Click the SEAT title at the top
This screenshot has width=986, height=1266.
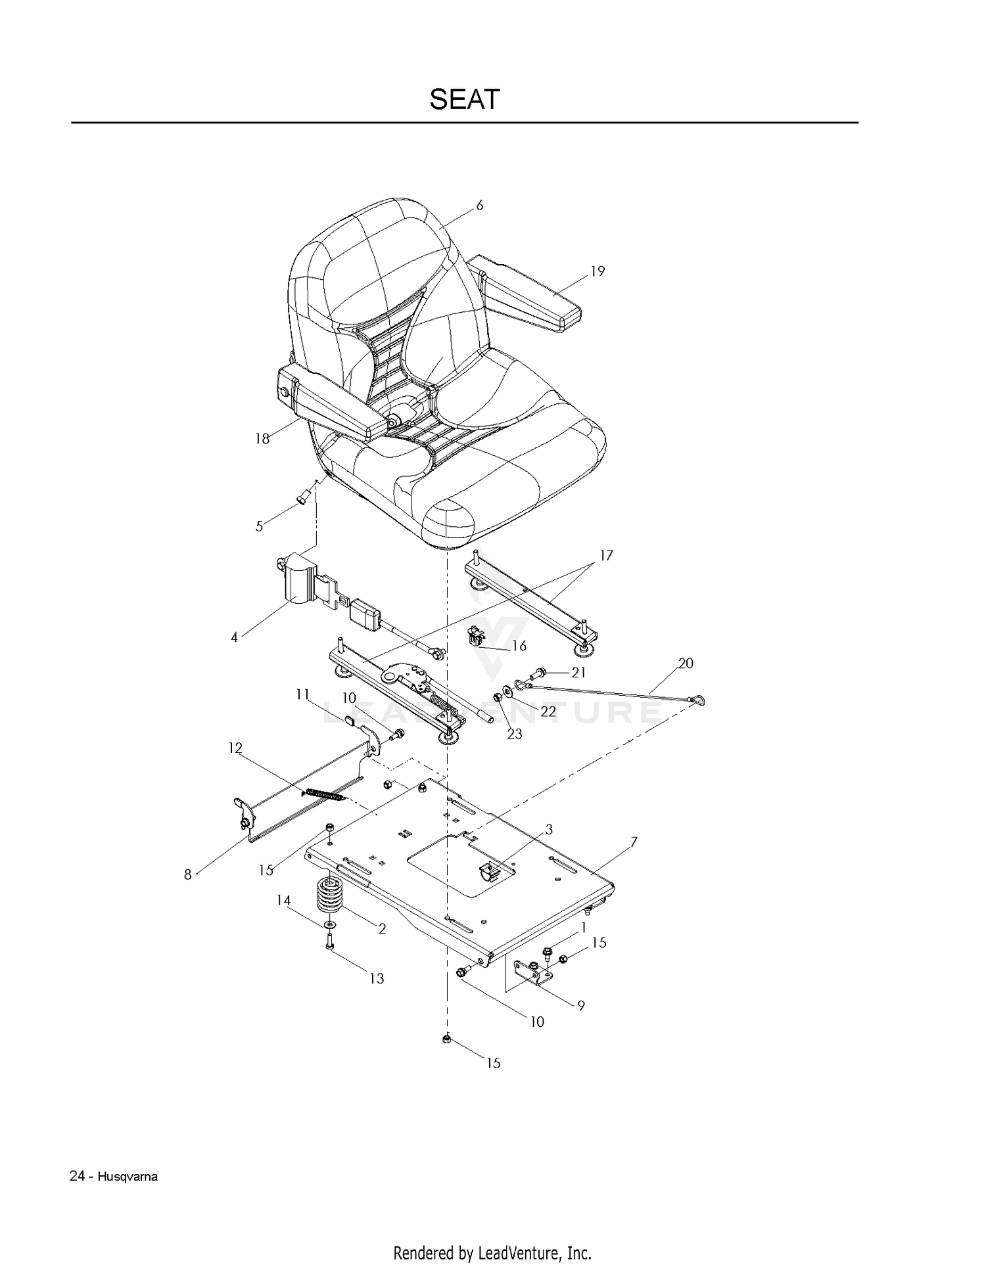(x=465, y=99)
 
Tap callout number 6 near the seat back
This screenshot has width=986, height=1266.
(x=480, y=206)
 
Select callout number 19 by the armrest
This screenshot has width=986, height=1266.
(x=598, y=271)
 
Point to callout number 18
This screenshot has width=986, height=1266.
(x=262, y=439)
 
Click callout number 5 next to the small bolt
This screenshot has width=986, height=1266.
(x=260, y=526)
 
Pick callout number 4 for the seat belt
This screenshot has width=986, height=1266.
(x=234, y=637)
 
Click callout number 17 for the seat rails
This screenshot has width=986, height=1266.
(x=606, y=556)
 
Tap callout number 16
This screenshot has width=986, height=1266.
(x=519, y=646)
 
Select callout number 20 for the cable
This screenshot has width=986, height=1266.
(x=686, y=664)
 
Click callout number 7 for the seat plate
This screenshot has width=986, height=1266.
(x=634, y=842)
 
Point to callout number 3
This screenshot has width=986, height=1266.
(x=549, y=829)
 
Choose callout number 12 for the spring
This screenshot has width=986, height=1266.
(x=235, y=748)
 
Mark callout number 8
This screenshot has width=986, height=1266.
(x=188, y=874)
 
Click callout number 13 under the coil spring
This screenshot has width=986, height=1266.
(x=377, y=978)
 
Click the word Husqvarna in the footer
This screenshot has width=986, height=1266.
(x=128, y=1177)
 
